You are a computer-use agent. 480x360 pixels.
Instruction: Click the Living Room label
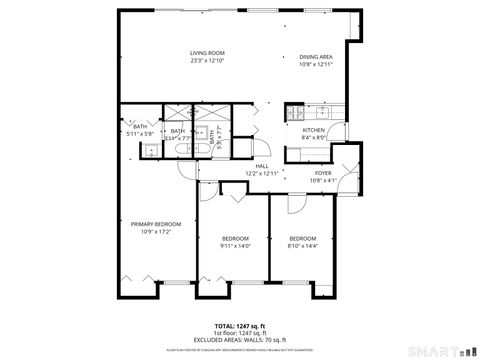208,53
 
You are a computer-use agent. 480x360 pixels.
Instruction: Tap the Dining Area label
315,57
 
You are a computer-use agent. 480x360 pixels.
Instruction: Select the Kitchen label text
314,130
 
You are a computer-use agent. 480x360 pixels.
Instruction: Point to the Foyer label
323,173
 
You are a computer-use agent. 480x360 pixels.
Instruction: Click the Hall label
261,166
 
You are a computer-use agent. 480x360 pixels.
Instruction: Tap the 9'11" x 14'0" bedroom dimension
235,245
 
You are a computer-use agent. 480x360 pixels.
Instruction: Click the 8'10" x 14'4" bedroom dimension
302,245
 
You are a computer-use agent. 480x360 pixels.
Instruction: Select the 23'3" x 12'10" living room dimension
208,62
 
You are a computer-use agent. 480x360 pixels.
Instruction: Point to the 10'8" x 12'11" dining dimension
315,65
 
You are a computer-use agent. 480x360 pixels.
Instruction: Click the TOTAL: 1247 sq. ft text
239,326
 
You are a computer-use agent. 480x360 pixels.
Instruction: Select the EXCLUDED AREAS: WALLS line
239,340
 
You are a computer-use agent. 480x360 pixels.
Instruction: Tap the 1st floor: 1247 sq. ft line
239,333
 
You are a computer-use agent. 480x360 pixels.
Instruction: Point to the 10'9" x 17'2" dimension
156,231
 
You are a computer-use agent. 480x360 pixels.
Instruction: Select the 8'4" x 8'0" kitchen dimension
314,138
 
